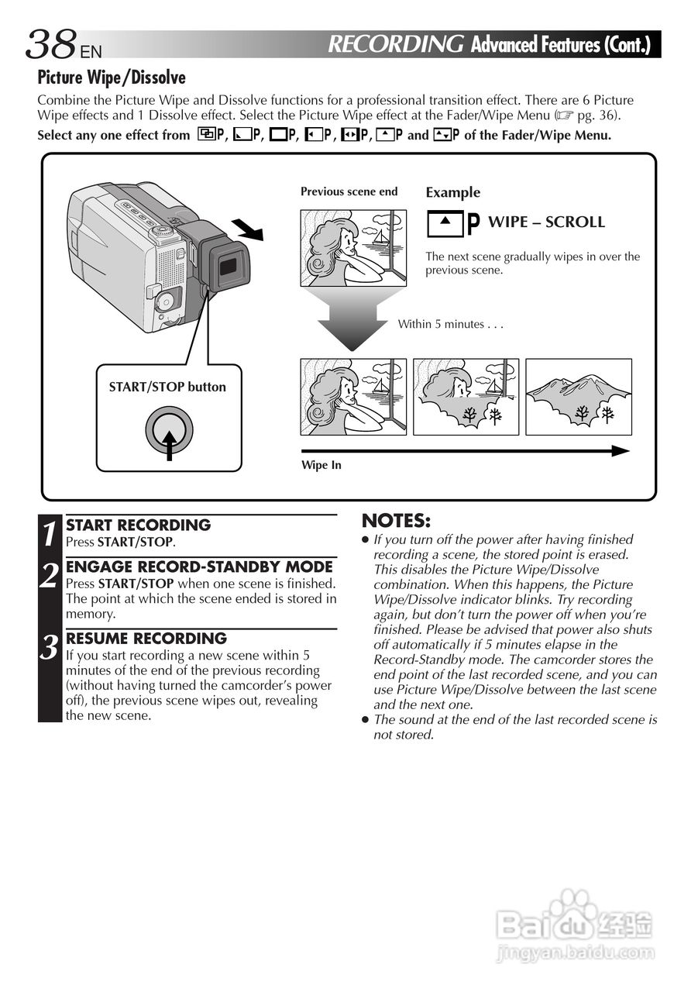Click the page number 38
pyautogui.click(x=50, y=45)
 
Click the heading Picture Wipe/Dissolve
pyautogui.click(x=112, y=78)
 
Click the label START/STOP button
pyautogui.click(x=167, y=387)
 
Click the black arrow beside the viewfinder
pyautogui.click(x=249, y=229)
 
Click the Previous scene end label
pyautogui.click(x=349, y=191)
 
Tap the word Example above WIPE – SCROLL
pyautogui.click(x=453, y=193)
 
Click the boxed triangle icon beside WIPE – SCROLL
pyautogui.click(x=445, y=223)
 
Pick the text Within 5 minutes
pyautogui.click(x=450, y=324)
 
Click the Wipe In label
pyautogui.click(x=321, y=465)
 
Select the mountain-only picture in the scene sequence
pyautogui.click(x=579, y=396)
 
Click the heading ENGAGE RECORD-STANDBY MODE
pyautogui.click(x=199, y=567)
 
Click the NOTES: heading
pyautogui.click(x=396, y=521)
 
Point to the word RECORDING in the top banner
pyautogui.click(x=396, y=44)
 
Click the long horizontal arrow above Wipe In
pyautogui.click(x=465, y=450)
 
